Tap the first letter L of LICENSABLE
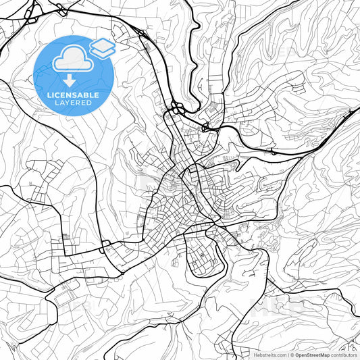pyautogui.click(x=47, y=95)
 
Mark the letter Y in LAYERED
pyautogui.click(x=63, y=103)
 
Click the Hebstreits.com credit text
pyautogui.click(x=269, y=355)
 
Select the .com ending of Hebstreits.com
pyautogui.click(x=280, y=355)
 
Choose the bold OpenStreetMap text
pyautogui.click(x=311, y=355)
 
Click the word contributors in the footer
pyautogui.click(x=344, y=355)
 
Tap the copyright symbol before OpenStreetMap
pyautogui.click(x=292, y=355)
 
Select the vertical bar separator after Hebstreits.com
pyautogui.click(x=288, y=355)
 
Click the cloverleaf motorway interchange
pyautogui.click(x=178, y=108)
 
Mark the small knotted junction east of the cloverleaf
pyautogui.click(x=205, y=127)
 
